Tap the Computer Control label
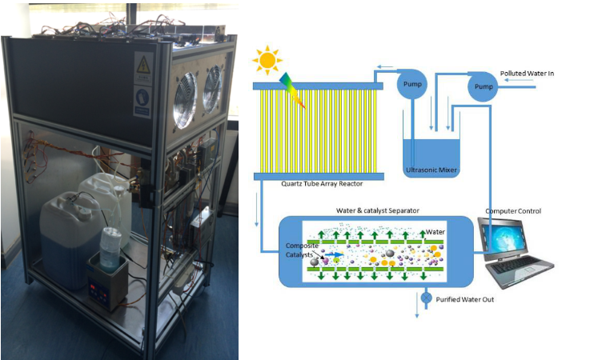pos(513,211)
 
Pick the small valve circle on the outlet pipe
pos(427,298)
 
